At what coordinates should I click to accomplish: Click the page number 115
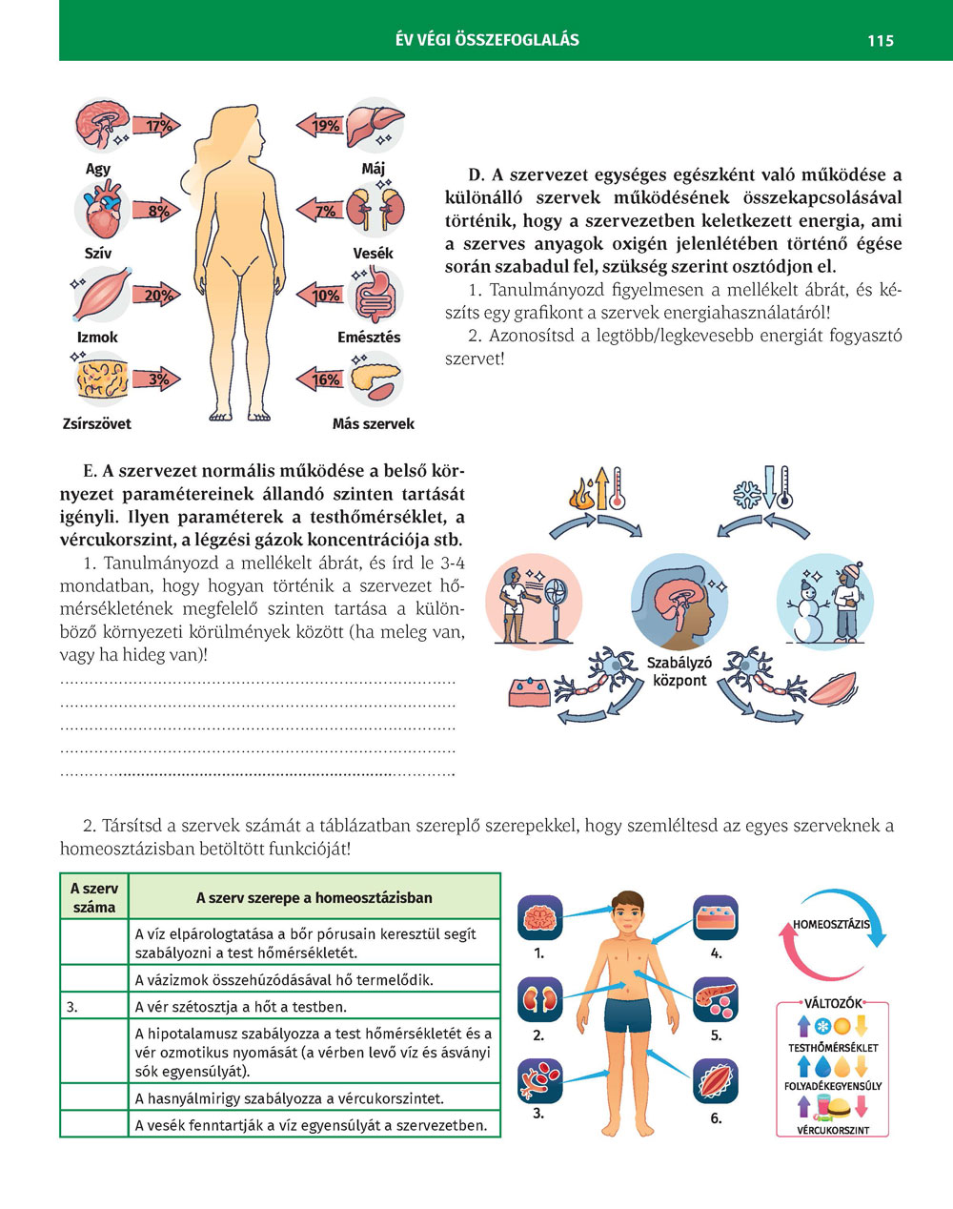click(x=880, y=40)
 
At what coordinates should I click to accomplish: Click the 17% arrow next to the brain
click(x=155, y=126)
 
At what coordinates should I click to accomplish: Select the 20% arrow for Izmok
click(x=155, y=296)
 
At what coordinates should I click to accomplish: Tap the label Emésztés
click(x=369, y=338)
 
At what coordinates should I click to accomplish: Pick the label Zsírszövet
click(x=97, y=423)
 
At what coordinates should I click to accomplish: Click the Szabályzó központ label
click(x=679, y=671)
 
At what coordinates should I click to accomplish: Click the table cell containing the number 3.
click(x=93, y=1006)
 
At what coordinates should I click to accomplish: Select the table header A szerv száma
click(x=93, y=897)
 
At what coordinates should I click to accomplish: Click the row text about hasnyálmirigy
click(x=290, y=1098)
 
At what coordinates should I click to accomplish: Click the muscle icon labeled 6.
click(x=716, y=1082)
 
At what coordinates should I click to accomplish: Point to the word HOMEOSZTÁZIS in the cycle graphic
click(x=831, y=924)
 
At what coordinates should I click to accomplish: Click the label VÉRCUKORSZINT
click(x=834, y=1131)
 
